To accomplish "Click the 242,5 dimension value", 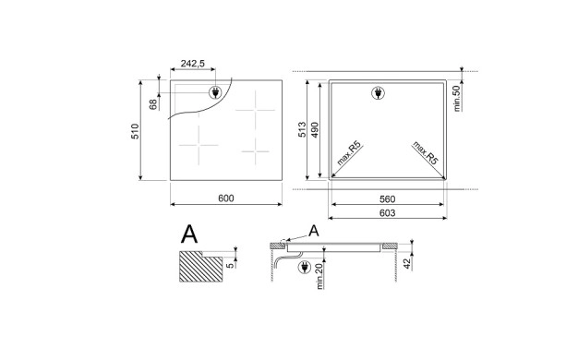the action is coord(192,64).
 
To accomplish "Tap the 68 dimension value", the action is coord(153,104).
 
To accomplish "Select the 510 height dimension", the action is coord(136,131).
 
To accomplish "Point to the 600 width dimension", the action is coord(226,198).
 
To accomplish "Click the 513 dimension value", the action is coord(302,130).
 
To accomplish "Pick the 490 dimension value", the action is coord(315,130).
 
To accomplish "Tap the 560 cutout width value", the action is coord(387,199).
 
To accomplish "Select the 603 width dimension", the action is coord(387,213).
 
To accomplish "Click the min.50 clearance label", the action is coord(457,98).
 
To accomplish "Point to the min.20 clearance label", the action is coord(319,276).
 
